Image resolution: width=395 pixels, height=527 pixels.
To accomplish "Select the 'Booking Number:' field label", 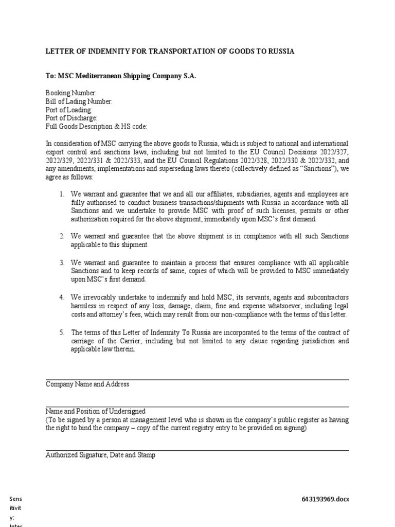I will point(71,93).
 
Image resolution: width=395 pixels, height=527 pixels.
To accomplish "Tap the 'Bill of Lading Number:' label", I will point(79,101).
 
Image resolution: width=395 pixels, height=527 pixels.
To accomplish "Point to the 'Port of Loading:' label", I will point(69,110).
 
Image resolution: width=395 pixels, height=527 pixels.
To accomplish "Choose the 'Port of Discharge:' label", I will point(71,118).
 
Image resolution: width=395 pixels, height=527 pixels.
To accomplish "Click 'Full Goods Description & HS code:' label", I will point(97,126).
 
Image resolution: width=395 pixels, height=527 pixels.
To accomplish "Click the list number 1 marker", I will point(61,194).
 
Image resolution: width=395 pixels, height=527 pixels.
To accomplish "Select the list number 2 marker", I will point(61,236).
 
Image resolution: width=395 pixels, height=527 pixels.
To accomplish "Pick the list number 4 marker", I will point(61,297).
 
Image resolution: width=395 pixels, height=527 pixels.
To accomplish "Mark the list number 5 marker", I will point(61,332).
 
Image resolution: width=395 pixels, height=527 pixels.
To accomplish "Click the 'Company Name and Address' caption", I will point(87,384).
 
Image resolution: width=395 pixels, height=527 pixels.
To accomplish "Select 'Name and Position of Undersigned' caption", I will point(96,411).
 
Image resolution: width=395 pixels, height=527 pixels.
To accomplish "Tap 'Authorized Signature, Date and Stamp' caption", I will point(100,455).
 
